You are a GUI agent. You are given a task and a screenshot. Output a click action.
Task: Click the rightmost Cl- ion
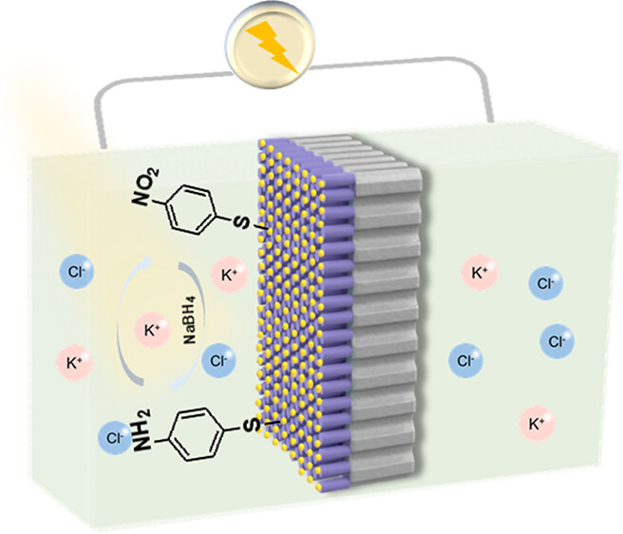(x=557, y=339)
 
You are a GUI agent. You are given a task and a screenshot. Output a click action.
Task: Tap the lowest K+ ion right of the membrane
(x=536, y=422)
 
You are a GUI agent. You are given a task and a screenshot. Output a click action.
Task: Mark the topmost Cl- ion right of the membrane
(x=546, y=283)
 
